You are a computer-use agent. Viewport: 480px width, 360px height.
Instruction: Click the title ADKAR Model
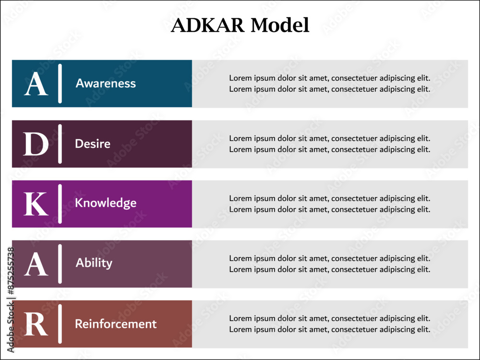pyautogui.click(x=240, y=25)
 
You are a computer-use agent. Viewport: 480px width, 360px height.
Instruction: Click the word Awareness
pyautogui.click(x=106, y=84)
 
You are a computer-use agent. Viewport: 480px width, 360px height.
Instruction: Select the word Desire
pyautogui.click(x=93, y=144)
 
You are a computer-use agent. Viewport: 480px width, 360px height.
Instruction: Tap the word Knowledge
pyautogui.click(x=106, y=203)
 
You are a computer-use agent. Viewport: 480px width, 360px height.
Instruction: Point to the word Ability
pyautogui.click(x=94, y=263)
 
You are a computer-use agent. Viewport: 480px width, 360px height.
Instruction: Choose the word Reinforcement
pyautogui.click(x=116, y=324)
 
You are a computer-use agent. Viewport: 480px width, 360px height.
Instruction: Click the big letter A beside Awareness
pyautogui.click(x=36, y=84)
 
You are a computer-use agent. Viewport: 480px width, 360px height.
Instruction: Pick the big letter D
pyautogui.click(x=36, y=144)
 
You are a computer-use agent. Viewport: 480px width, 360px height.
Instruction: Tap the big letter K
pyautogui.click(x=36, y=204)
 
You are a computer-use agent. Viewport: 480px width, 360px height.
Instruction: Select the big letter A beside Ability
pyautogui.click(x=36, y=264)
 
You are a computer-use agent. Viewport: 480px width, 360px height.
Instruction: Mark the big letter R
pyautogui.click(x=36, y=324)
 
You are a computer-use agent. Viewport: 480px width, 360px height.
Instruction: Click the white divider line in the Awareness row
pyautogui.click(x=60, y=84)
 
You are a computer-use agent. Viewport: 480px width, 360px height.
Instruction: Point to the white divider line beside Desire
pyautogui.click(x=60, y=144)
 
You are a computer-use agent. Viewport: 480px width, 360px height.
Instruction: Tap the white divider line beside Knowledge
pyautogui.click(x=60, y=204)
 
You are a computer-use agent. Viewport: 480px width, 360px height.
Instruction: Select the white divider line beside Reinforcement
pyautogui.click(x=60, y=324)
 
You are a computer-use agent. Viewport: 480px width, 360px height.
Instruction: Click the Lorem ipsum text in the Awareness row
pyautogui.click(x=329, y=84)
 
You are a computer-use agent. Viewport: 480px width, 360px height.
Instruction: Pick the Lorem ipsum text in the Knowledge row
pyautogui.click(x=329, y=204)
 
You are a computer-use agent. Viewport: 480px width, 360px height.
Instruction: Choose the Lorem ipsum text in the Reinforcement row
pyautogui.click(x=329, y=324)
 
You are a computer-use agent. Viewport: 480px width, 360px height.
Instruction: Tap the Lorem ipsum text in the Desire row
pyautogui.click(x=329, y=144)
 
